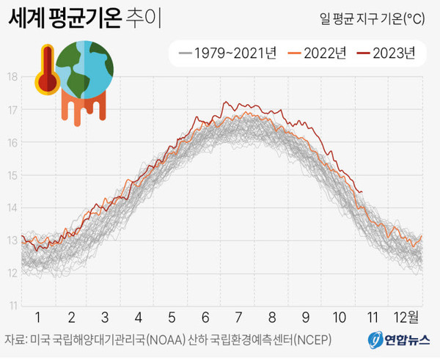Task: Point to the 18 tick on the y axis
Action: point(12,76)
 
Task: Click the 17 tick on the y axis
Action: point(12,109)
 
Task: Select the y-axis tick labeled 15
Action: point(12,175)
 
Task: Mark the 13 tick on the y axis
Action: point(12,240)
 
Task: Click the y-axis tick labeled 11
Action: point(12,305)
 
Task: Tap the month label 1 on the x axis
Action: point(38,317)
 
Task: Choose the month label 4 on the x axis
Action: point(138,317)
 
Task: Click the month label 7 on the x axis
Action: point(239,317)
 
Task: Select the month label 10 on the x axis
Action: point(339,317)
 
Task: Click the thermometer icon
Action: point(46,71)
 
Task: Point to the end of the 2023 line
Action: point(362,192)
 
